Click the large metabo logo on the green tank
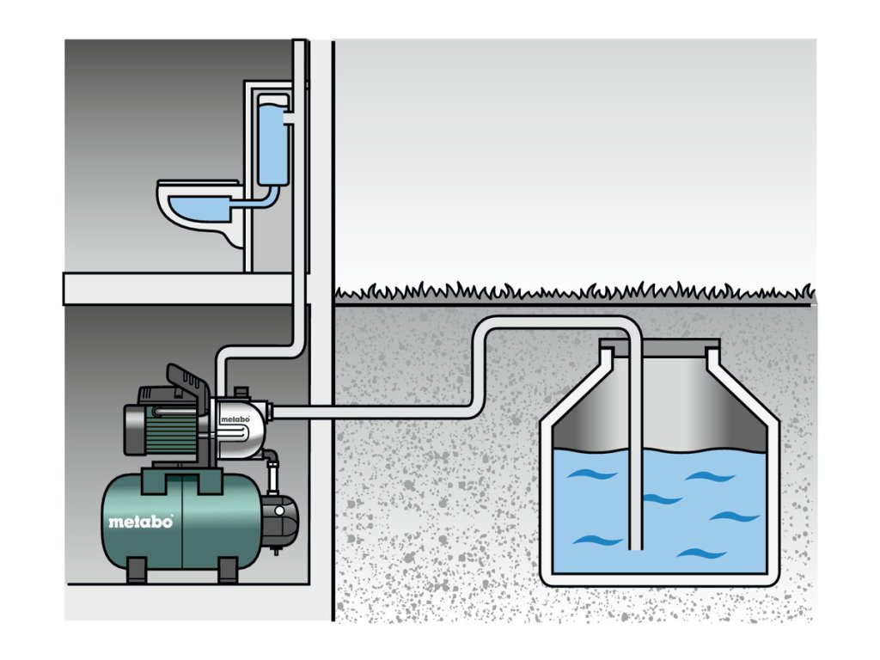[141, 522]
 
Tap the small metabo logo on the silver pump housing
[235, 419]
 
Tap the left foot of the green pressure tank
[137, 569]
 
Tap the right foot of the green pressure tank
[227, 569]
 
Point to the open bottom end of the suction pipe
[635, 547]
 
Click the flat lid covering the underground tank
[659, 343]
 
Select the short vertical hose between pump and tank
[274, 477]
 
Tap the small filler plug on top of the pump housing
[241, 391]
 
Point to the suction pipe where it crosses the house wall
[321, 413]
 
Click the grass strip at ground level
[573, 293]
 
